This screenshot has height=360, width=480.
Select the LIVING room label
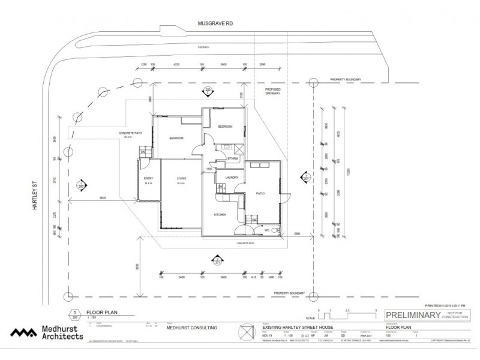point(181,178)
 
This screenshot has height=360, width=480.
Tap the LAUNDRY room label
point(232,178)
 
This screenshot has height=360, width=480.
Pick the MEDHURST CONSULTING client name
point(191,328)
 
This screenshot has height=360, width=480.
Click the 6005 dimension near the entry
point(103,197)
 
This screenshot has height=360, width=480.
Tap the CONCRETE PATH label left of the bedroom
point(130,134)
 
